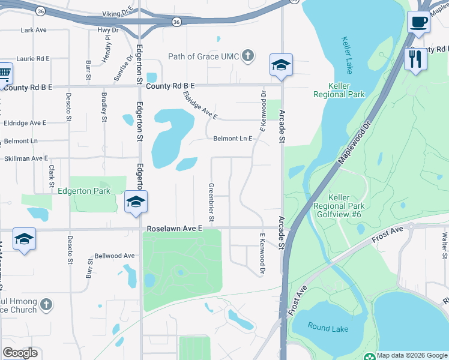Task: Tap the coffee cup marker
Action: [x=418, y=22]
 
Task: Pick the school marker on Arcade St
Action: [x=280, y=65]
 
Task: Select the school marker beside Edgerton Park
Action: [x=136, y=202]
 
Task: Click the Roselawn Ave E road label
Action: [x=175, y=229]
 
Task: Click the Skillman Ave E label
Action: [x=26, y=158]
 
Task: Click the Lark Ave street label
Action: [x=33, y=29]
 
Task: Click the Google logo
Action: [x=19, y=352]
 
